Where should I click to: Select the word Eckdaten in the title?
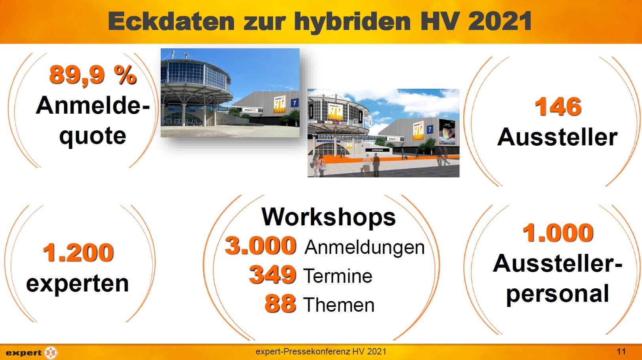pos(171,21)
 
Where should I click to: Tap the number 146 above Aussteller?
pos(558,107)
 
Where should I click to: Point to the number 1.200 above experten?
pos(78,252)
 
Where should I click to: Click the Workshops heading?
pos(329,217)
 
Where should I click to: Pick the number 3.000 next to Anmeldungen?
pos(260,246)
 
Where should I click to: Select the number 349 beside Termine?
pos(272,274)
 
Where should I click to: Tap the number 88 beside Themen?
pos(280,303)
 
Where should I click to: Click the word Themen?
pos(339,305)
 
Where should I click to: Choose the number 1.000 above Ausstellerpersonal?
pos(558,232)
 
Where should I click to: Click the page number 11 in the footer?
pos(621,351)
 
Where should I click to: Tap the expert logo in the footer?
pos(32,352)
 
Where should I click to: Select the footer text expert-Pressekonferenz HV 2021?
pos(321,351)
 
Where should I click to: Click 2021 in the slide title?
pos(500,21)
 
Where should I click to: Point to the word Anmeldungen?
pos(364,247)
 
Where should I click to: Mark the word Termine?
pos(338,276)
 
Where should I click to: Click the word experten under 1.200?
pos(78,284)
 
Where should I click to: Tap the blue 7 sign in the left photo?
pos(294,103)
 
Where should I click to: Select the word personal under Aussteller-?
pos(557,294)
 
